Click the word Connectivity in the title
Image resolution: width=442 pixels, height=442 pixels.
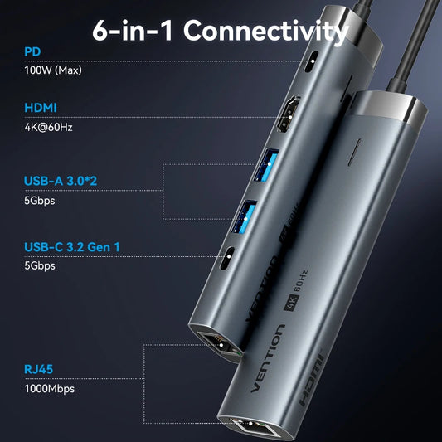click(265, 32)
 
